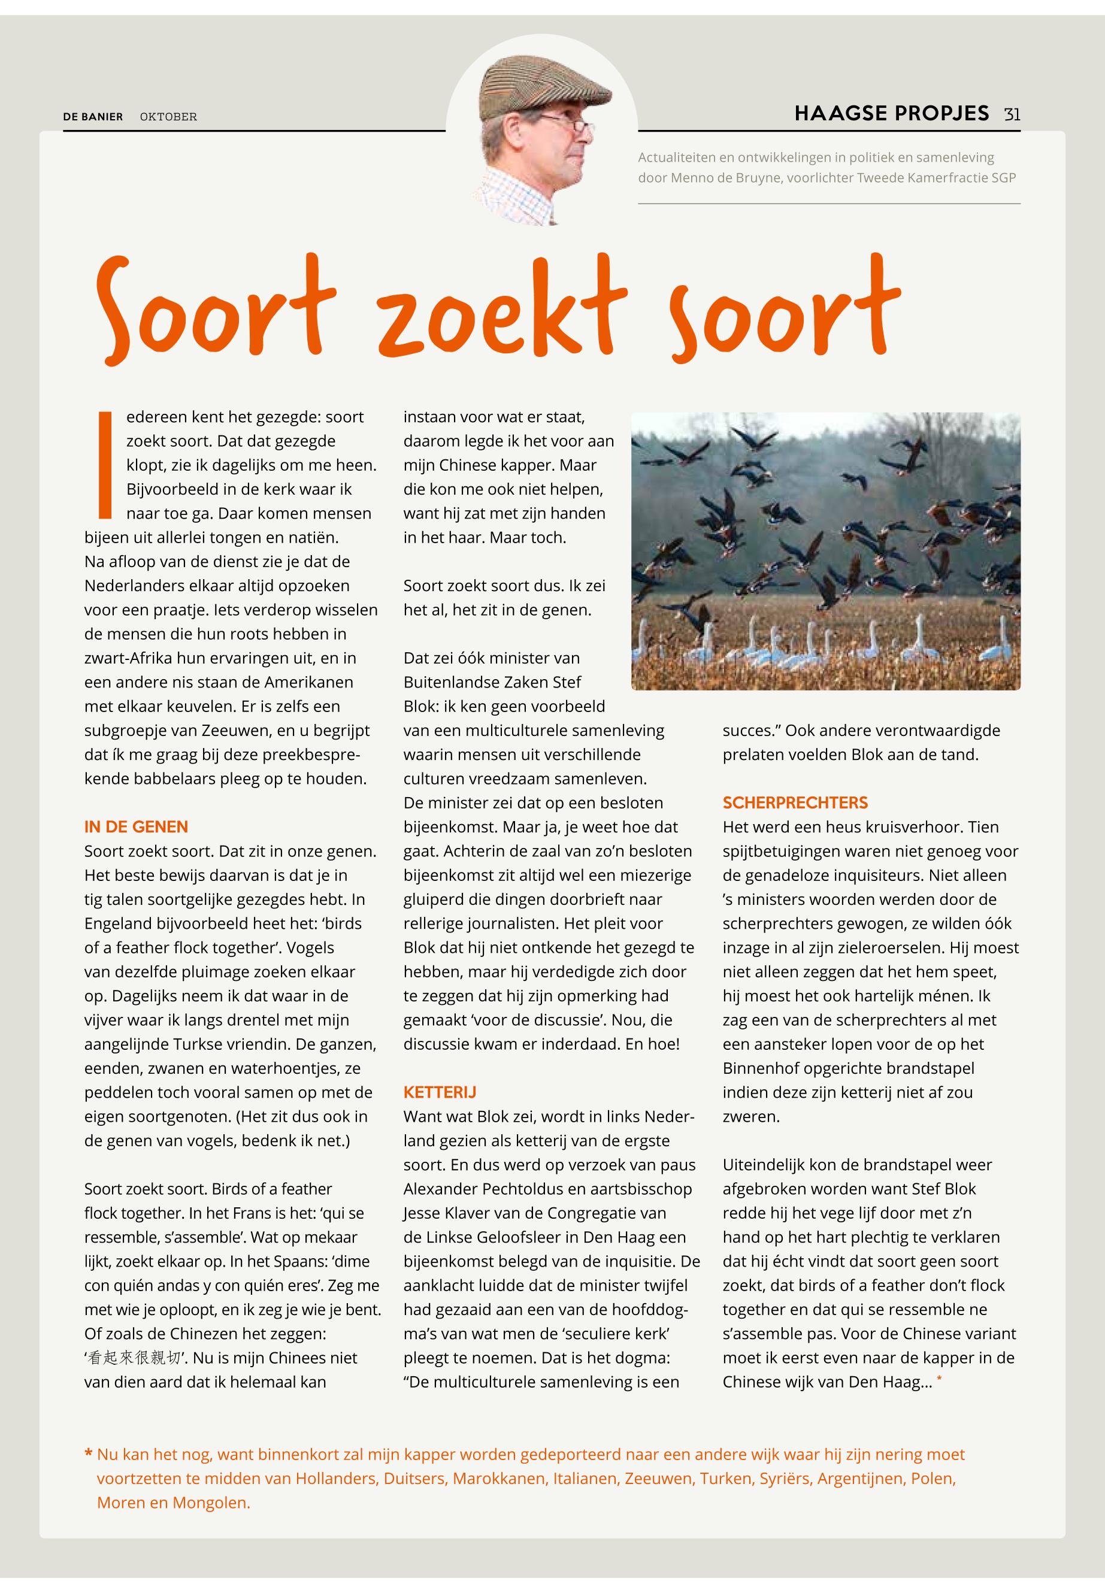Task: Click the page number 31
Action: [x=1012, y=114]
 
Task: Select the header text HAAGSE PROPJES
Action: [x=891, y=114]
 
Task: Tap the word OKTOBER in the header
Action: [x=168, y=117]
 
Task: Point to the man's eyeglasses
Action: [x=568, y=125]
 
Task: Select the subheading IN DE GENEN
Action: [x=136, y=826]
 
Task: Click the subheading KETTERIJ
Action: [x=440, y=1092]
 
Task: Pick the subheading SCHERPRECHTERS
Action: [x=795, y=802]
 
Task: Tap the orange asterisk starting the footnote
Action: [x=88, y=1455]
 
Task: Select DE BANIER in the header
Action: [x=93, y=117]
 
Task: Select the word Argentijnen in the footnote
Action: [x=861, y=1479]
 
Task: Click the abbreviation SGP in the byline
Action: [x=1003, y=178]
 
